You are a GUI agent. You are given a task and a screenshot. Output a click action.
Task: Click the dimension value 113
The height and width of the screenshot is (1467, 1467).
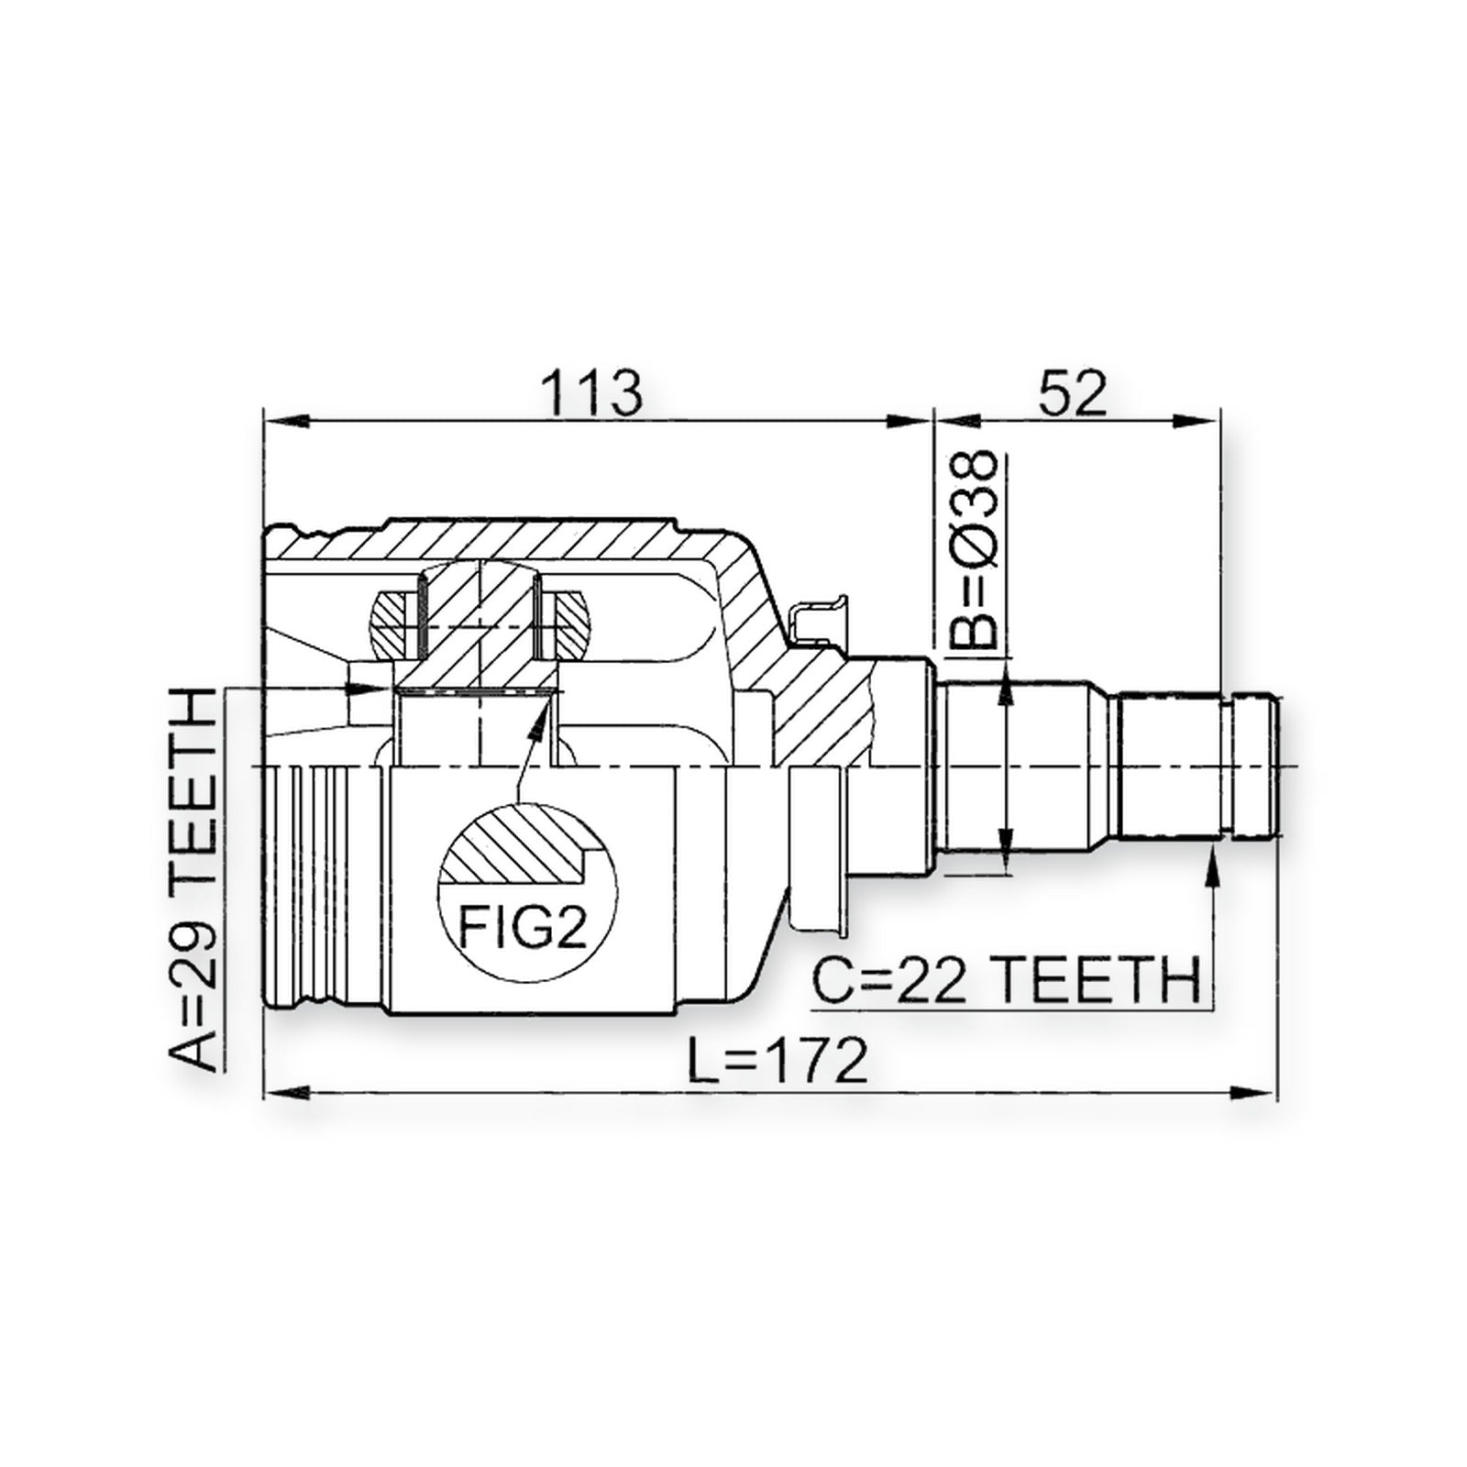click(x=591, y=392)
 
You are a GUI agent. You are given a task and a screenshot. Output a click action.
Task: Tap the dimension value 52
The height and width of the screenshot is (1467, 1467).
click(x=1074, y=392)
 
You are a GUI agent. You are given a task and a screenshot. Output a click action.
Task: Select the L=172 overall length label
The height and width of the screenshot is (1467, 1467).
click(x=778, y=1062)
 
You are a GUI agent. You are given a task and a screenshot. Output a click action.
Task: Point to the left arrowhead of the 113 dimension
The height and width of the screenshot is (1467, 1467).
click(x=284, y=421)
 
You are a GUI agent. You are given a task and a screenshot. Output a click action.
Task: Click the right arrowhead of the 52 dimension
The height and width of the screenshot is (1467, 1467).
click(x=1201, y=421)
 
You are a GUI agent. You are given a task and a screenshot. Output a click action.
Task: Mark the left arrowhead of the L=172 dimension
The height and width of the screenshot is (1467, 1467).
click(x=284, y=1092)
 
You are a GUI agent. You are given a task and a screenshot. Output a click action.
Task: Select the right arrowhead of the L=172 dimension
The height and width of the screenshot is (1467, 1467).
click(x=1255, y=1092)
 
